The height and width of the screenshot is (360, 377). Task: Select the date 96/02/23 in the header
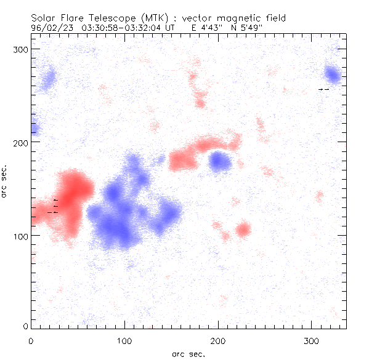(47, 28)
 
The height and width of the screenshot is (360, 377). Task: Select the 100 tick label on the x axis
(124, 339)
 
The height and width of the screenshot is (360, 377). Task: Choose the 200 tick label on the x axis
(218, 339)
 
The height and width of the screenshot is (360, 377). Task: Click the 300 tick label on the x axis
(312, 339)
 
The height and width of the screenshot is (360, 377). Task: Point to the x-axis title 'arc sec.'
(188, 353)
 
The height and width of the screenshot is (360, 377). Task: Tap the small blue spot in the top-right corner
(333, 76)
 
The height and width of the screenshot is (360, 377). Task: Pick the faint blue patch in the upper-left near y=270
(47, 78)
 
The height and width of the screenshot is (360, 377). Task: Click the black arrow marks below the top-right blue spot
(324, 89)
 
